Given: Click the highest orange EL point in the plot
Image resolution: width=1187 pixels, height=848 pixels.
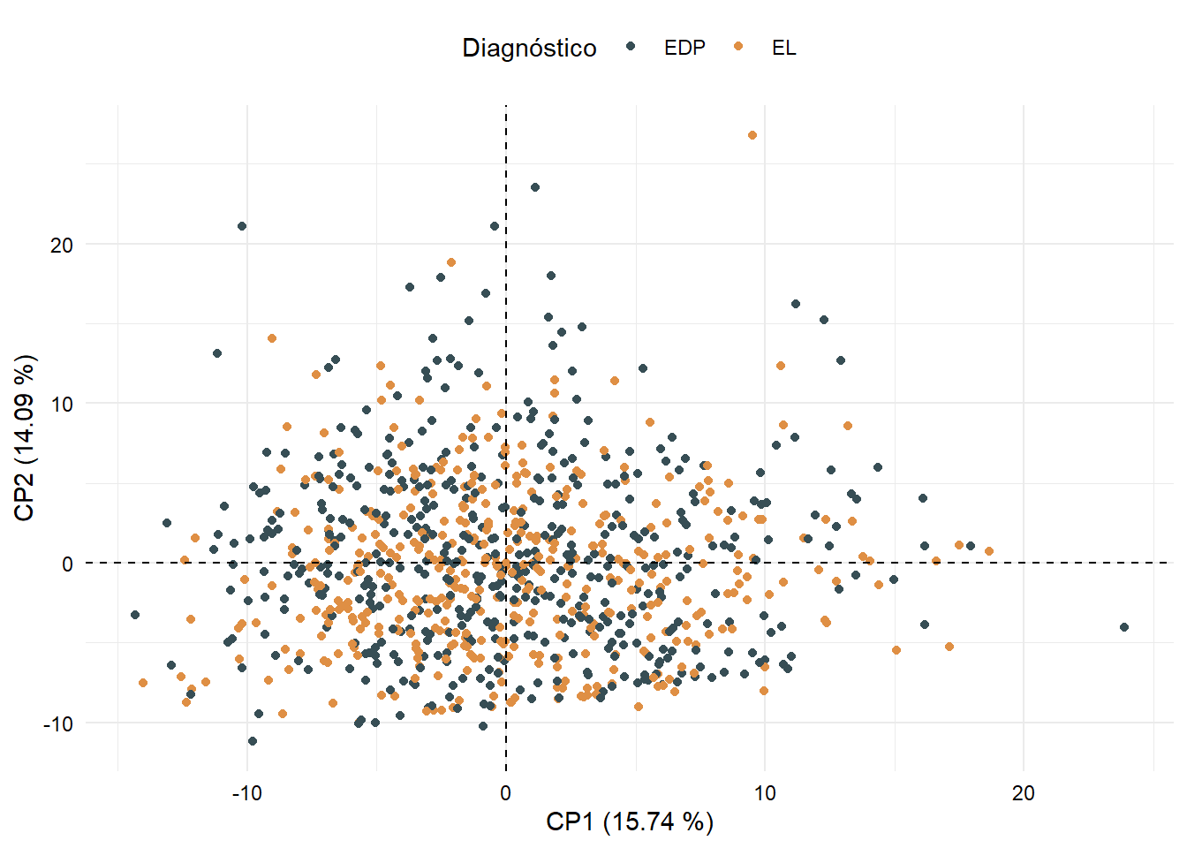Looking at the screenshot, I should [x=752, y=135].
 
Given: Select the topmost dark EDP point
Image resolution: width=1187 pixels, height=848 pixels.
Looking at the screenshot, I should [x=535, y=187].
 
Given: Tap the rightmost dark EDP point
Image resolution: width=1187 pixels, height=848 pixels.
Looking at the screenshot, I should [x=1124, y=627].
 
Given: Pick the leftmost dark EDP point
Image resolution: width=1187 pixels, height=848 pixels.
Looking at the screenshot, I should [x=135, y=615].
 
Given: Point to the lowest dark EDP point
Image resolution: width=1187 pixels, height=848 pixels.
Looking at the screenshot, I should [x=253, y=741].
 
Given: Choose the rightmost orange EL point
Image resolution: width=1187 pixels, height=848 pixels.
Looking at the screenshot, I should [x=989, y=551].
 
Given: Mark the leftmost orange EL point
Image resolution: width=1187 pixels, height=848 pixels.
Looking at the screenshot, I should [x=143, y=683].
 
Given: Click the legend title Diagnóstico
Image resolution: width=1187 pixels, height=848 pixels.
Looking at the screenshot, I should [x=529, y=48].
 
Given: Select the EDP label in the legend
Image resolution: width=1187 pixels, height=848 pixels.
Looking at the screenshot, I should [x=684, y=48].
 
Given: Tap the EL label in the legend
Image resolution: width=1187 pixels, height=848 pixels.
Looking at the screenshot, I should [x=783, y=48].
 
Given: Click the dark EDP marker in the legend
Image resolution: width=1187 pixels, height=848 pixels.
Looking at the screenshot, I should [x=631, y=47].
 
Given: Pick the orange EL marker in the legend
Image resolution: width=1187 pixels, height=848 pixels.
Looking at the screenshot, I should [x=738, y=47].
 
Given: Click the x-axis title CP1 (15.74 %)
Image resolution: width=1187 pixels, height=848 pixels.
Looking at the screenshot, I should [x=630, y=821].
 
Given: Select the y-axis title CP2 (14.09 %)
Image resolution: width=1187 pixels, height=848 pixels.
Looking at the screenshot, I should [x=25, y=438].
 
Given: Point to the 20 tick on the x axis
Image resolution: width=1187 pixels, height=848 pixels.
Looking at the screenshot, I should [x=1023, y=793].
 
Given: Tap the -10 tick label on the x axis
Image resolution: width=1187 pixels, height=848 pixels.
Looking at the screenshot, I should [x=246, y=793].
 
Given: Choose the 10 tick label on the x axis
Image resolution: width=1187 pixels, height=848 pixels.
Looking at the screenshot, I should [x=764, y=793].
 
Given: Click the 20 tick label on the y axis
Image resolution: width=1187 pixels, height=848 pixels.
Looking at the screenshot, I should [x=62, y=246].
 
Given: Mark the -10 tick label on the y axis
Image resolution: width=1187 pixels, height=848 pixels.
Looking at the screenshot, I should [x=58, y=723].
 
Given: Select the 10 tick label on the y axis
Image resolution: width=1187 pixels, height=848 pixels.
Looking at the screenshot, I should [x=62, y=405].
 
